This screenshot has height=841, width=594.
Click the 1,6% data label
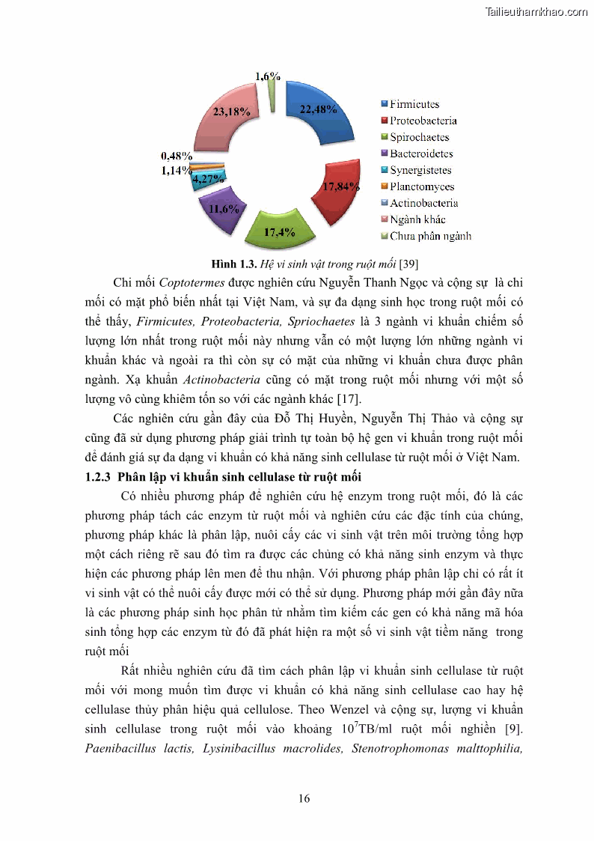point(268,76)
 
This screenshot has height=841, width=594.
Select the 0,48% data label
point(177,157)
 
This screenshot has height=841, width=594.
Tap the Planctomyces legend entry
point(421,186)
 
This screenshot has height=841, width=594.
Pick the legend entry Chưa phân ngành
point(429,236)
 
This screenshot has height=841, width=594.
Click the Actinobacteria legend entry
point(423,203)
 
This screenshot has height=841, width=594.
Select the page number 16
point(304,798)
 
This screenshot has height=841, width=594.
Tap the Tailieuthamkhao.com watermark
point(536,11)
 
